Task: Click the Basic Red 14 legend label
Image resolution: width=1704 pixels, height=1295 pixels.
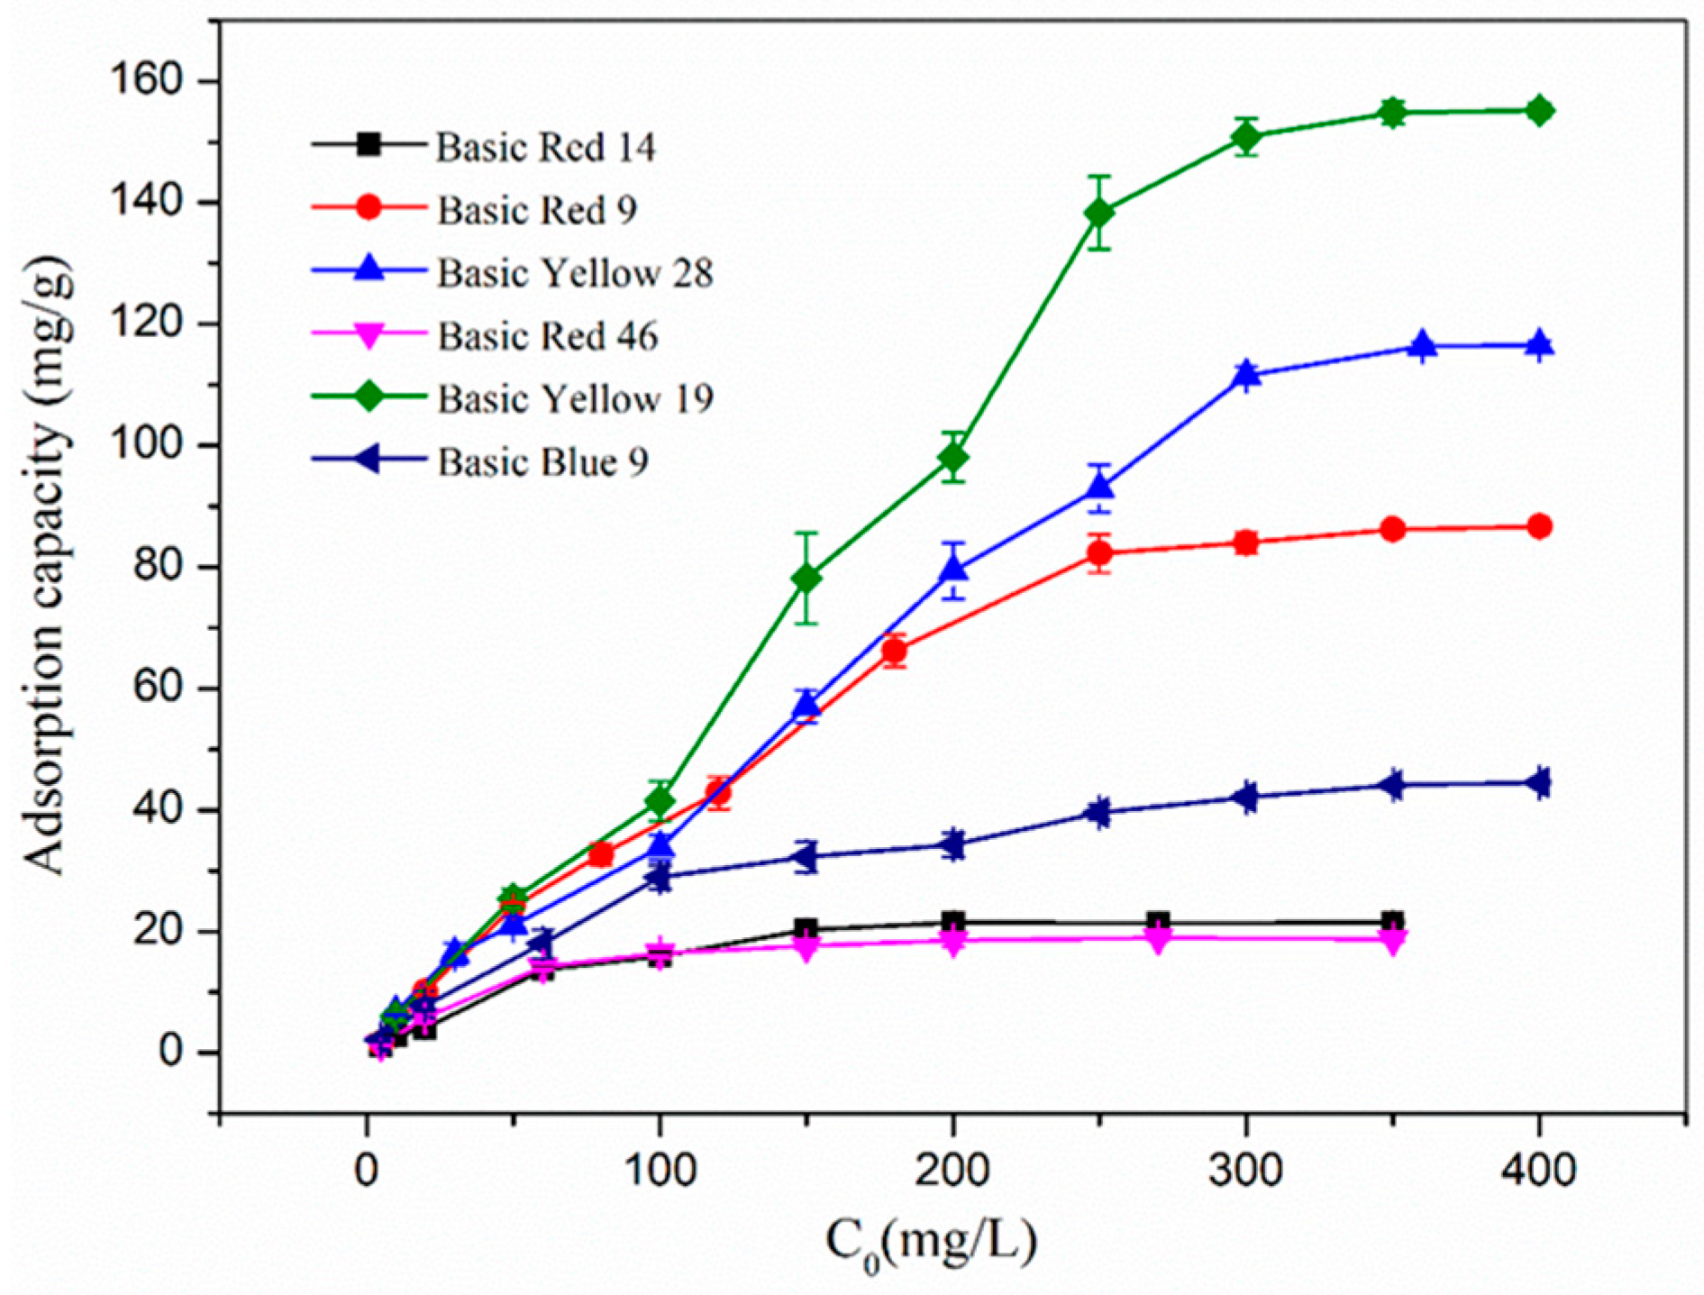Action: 546,148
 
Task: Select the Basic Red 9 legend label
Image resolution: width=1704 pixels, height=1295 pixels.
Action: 537,211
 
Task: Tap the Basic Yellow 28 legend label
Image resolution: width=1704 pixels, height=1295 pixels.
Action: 575,273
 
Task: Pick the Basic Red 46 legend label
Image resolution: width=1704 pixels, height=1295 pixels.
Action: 548,336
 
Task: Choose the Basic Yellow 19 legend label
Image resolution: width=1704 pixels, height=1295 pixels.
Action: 575,399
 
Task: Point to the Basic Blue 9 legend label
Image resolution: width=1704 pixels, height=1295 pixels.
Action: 542,462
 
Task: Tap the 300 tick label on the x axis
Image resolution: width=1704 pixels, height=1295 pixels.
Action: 1246,1170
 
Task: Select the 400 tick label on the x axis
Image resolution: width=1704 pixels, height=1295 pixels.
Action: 1539,1170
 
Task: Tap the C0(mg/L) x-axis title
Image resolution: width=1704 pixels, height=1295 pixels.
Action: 931,1245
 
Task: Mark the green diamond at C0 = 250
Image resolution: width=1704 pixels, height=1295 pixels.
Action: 1099,214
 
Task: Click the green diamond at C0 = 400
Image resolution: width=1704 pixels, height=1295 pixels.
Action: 1539,111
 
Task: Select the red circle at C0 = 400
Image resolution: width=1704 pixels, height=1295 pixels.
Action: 1539,526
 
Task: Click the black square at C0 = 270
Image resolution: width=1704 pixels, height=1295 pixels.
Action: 1158,922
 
